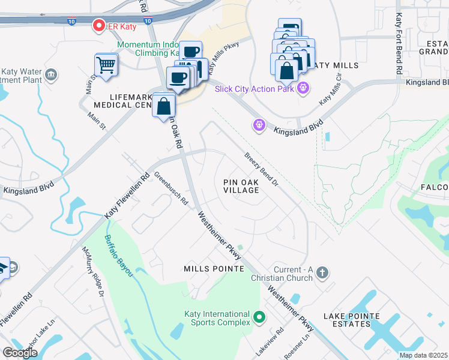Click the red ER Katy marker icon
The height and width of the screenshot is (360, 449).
point(98,25)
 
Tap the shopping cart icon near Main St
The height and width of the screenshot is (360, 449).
point(106,64)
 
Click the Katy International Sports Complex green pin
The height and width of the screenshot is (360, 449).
point(259,316)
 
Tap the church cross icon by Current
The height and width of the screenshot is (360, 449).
point(322,273)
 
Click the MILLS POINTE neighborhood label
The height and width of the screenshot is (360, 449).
point(214,269)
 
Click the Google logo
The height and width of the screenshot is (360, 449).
point(20,352)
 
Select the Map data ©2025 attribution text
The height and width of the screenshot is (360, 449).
point(423,355)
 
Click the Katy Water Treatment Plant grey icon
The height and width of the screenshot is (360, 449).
point(52,74)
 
